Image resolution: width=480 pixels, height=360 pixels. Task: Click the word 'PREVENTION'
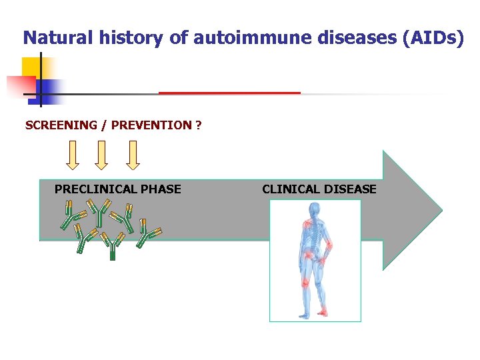point(151,125)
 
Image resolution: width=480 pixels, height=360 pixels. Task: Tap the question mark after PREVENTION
point(199,125)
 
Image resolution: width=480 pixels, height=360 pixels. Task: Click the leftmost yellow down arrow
point(73,155)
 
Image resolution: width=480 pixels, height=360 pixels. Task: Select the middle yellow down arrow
point(101,155)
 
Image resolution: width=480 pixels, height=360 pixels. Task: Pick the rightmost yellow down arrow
point(133,155)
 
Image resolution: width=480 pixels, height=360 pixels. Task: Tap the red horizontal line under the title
point(229,93)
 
